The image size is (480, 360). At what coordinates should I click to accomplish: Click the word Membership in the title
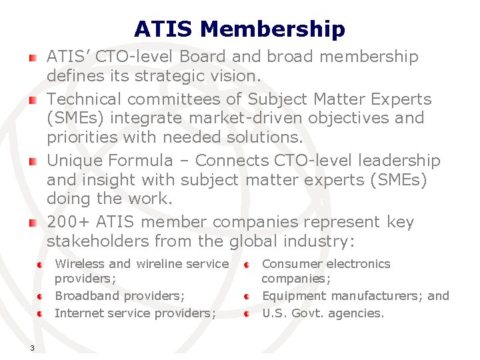[x=273, y=29]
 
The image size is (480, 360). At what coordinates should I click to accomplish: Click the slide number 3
[x=31, y=347]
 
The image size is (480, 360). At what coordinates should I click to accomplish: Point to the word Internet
[x=77, y=313]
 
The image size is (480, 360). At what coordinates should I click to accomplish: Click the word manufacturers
[x=372, y=295]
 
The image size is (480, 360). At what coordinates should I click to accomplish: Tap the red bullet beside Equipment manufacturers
[x=247, y=296]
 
